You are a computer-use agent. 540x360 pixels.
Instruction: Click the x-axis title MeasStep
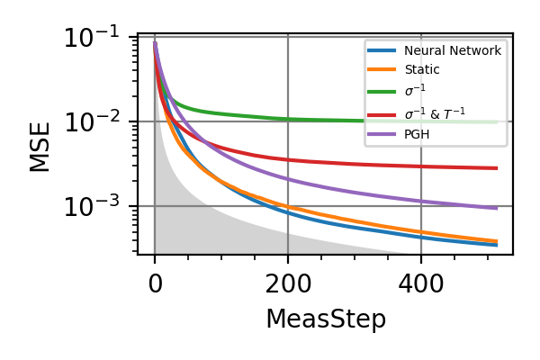click(x=325, y=319)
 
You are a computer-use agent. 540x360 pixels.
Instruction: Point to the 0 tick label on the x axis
click(x=155, y=284)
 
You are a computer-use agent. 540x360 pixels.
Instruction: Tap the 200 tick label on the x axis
click(x=288, y=284)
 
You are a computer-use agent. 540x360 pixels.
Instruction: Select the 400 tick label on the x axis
click(x=421, y=284)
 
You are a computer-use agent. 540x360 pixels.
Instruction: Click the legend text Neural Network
click(x=452, y=51)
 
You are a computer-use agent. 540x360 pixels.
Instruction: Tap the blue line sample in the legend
click(x=383, y=51)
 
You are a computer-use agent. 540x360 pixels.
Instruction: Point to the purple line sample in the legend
click(x=383, y=135)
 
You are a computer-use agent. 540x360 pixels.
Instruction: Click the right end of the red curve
click(x=497, y=168)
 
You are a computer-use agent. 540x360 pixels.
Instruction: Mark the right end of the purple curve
click(x=497, y=208)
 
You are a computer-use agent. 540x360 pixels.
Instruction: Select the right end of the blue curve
click(x=497, y=245)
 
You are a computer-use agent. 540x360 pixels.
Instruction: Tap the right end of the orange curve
click(x=497, y=241)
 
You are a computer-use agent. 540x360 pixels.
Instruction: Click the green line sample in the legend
click(x=383, y=92)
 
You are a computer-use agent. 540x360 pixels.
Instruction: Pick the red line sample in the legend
click(x=383, y=113)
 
